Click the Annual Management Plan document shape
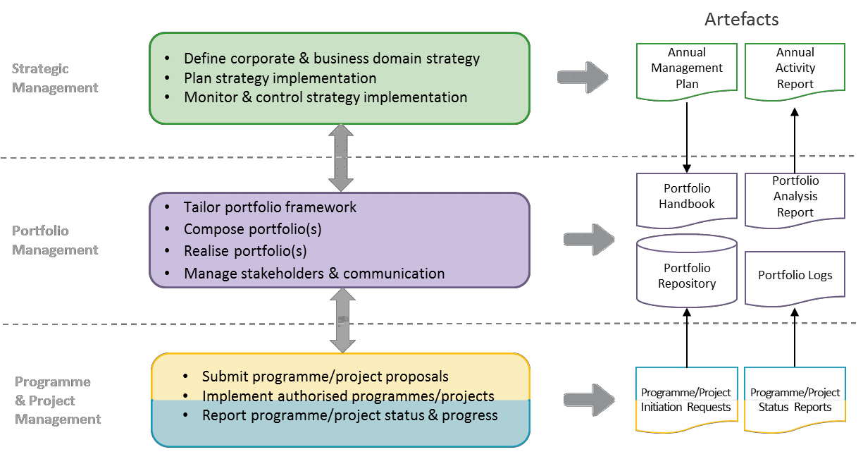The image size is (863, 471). (x=687, y=69)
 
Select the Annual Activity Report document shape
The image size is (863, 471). (x=795, y=68)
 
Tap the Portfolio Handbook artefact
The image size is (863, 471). (x=687, y=197)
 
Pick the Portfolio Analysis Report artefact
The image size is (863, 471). (x=795, y=198)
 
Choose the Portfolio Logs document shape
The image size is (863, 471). (x=795, y=276)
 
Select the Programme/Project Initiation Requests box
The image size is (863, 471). (x=687, y=400)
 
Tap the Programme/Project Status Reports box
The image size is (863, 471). (x=795, y=400)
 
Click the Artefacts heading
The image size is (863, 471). (x=741, y=19)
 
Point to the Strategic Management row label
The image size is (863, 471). (x=55, y=78)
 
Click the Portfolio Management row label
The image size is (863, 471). (x=55, y=240)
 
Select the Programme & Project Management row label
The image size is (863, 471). (x=58, y=400)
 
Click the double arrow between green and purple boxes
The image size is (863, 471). (x=341, y=158)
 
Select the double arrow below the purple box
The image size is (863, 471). (x=343, y=320)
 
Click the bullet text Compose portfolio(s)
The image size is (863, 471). (x=252, y=229)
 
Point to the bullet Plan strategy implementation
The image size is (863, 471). (x=280, y=78)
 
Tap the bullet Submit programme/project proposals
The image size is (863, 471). (x=325, y=377)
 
